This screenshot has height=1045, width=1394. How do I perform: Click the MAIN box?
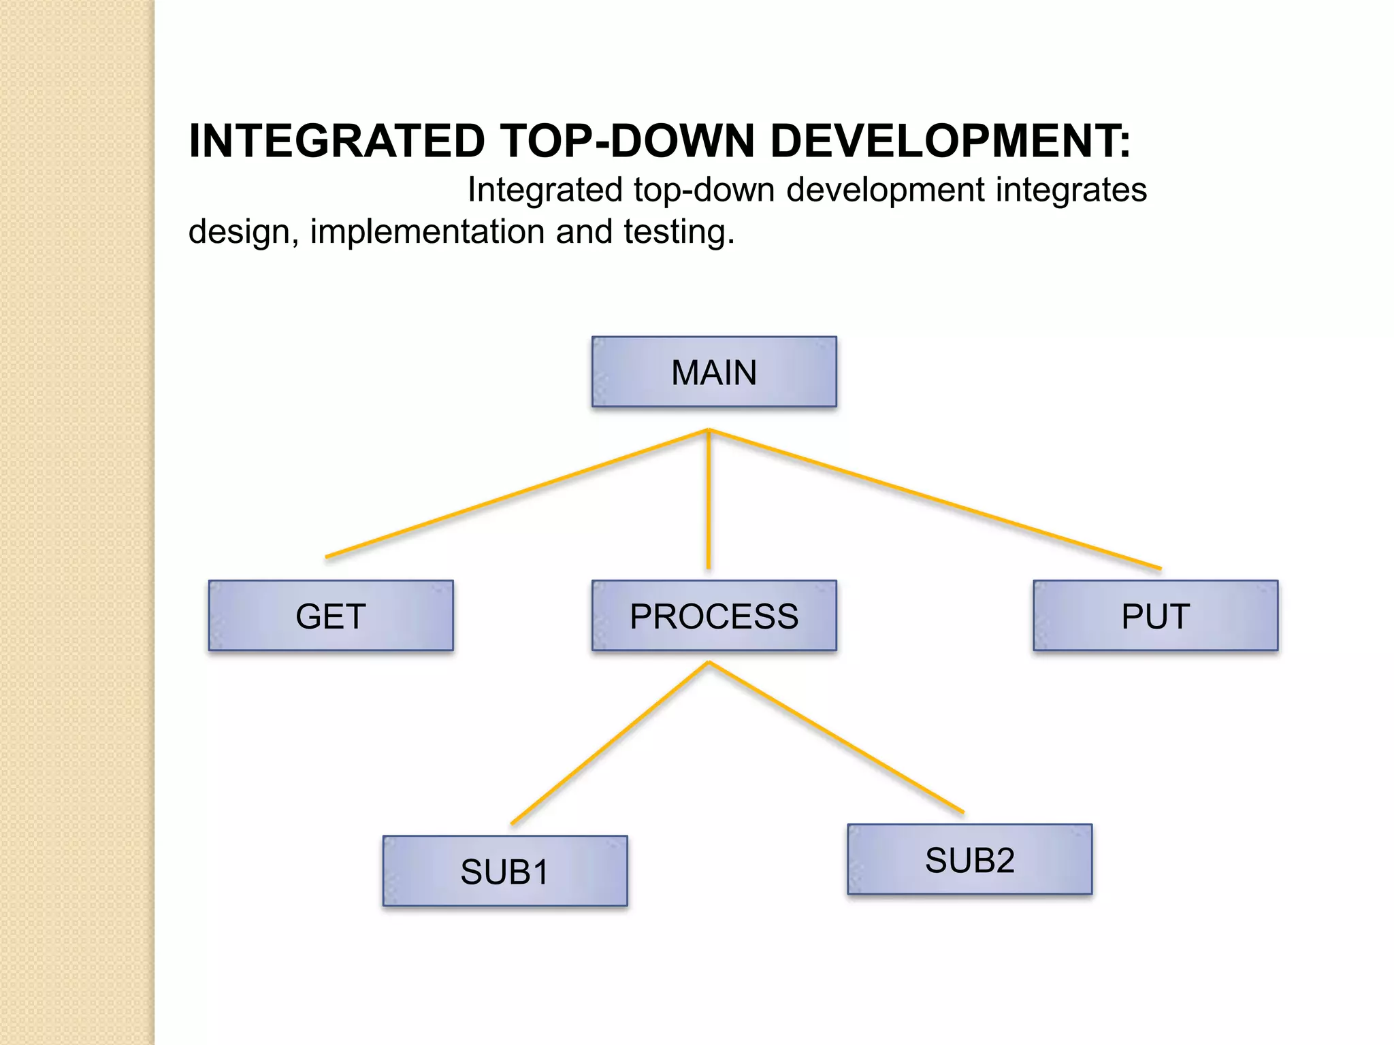pyautogui.click(x=714, y=372)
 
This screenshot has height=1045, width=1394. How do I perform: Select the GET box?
pyautogui.click(x=331, y=616)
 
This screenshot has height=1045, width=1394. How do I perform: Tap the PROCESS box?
pyautogui.click(x=714, y=616)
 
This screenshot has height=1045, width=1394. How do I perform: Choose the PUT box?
pyautogui.click(x=1155, y=616)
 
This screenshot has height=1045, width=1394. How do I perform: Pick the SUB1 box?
pyautogui.click(x=505, y=871)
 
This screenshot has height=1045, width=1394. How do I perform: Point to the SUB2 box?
pyautogui.click(x=969, y=859)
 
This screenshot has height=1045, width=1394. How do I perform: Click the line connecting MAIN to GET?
pyautogui.click(x=517, y=493)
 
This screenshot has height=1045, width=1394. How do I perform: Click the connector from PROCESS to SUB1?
pyautogui.click(x=609, y=744)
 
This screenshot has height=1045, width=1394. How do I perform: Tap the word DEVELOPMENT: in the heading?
pyautogui.click(x=950, y=142)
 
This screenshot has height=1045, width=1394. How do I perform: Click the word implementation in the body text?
pyautogui.click(x=427, y=232)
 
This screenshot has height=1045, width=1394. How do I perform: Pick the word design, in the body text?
pyautogui.click(x=243, y=232)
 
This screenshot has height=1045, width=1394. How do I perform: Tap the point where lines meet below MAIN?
pyautogui.click(x=709, y=430)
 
